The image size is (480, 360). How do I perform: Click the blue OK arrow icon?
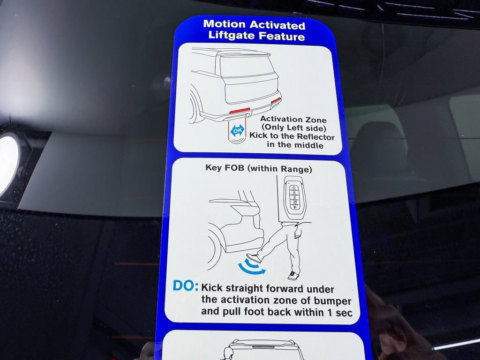[238, 131]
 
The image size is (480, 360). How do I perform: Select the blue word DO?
[186, 286]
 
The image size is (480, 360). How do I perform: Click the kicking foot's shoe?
[254, 258]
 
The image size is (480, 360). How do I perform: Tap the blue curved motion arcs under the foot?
[251, 269]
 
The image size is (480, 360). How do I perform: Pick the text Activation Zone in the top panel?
[293, 120]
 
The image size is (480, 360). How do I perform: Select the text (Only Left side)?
[293, 128]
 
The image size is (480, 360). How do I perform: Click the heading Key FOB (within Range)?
[258, 168]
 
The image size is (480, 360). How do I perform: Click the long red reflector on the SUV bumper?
[239, 110]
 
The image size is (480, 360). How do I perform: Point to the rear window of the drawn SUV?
[247, 66]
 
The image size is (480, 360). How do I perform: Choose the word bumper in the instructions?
[333, 300]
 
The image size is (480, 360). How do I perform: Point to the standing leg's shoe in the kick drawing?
[294, 275]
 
